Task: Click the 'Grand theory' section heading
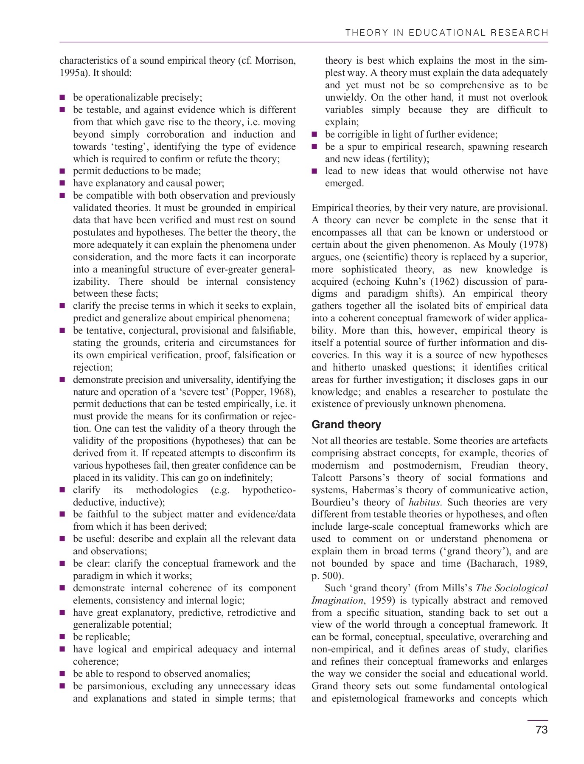coord(346,424)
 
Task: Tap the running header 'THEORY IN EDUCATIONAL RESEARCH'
coord(446,33)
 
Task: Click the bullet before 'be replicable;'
coord(62,637)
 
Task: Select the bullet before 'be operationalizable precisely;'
coord(62,98)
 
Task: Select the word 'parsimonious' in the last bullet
coord(115,686)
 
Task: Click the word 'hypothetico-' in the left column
coord(268,490)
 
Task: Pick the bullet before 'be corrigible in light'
coord(314,135)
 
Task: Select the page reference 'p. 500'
coord(326,576)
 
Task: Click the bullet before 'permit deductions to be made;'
coord(62,171)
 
